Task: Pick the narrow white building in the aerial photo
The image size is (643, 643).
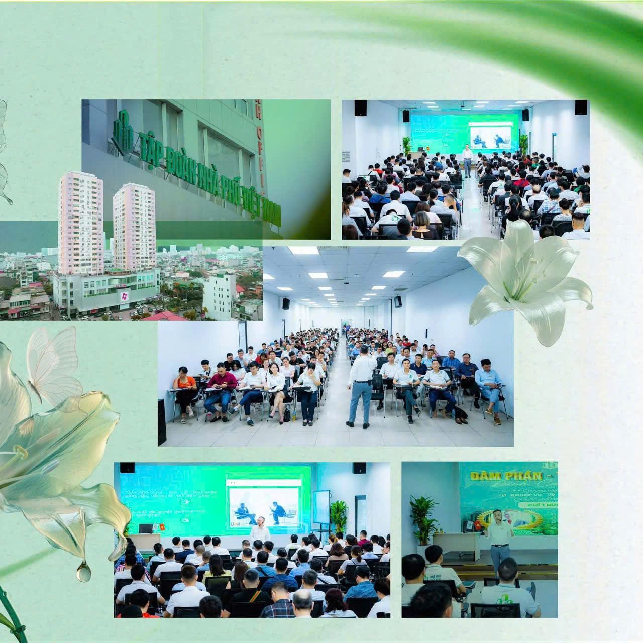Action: point(219,296)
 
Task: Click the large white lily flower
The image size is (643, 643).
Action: point(525,281)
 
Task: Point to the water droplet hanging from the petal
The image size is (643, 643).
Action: point(83,571)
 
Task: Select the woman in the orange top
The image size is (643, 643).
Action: point(185,389)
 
